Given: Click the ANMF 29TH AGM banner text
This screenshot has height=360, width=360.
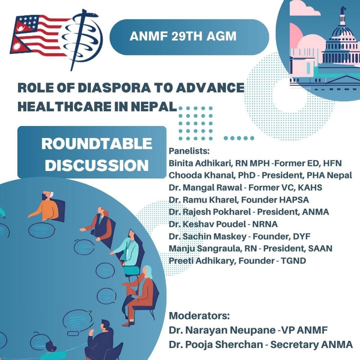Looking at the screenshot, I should [183, 36].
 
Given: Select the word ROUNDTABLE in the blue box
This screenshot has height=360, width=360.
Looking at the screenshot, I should [97, 144].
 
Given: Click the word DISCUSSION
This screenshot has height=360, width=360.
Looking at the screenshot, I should [97, 165].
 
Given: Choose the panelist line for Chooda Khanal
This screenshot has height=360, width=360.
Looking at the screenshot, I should [260, 175].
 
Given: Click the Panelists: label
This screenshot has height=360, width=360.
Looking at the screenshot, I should [189, 151].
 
